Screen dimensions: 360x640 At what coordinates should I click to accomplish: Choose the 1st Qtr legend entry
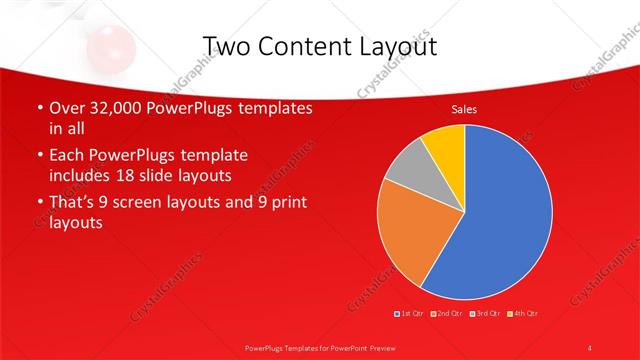coord(409,315)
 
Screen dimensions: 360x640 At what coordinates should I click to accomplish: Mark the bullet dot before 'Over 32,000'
coord(39,109)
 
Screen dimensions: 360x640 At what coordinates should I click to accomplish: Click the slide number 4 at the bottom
coord(590,347)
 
